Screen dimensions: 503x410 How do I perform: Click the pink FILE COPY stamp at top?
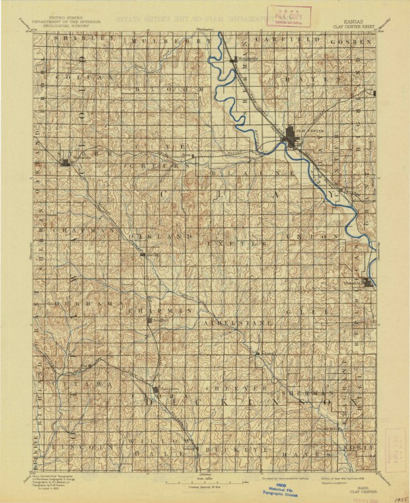tap(291, 15)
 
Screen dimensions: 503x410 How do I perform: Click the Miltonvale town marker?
tap(66, 162)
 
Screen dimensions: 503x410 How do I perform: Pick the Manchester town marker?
tap(155, 390)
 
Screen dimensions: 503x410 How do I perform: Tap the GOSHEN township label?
tap(350, 41)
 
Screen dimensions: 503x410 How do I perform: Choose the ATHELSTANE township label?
tap(237, 323)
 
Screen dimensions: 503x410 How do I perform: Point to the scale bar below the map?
tap(203, 481)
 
